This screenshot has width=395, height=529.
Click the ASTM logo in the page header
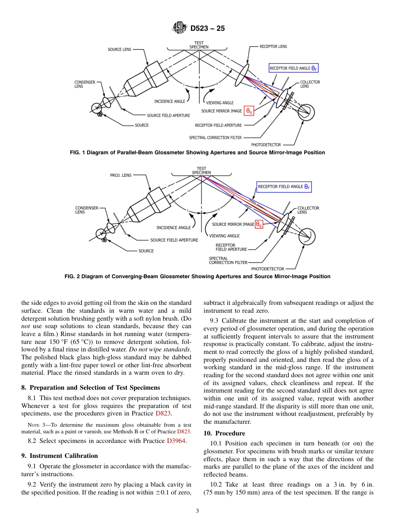click(180, 29)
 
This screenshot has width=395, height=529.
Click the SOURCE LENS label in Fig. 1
click(119, 49)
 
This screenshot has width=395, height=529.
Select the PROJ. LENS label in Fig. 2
click(121, 175)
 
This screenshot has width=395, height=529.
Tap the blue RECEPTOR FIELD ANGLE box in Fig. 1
click(293, 68)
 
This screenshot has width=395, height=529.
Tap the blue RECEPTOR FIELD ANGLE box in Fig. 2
click(284, 187)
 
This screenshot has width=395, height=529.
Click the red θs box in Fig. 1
click(249, 111)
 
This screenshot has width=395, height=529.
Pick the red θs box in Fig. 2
click(259, 224)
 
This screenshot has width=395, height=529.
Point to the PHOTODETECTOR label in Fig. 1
click(266, 145)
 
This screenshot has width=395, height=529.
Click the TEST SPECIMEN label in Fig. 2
click(201, 171)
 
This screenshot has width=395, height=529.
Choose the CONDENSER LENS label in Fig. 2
click(86, 210)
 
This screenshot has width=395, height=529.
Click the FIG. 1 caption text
click(197, 153)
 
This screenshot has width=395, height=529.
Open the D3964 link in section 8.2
click(176, 441)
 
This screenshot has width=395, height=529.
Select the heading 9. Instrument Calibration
click(59, 456)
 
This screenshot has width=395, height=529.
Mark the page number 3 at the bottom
click(197, 511)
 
